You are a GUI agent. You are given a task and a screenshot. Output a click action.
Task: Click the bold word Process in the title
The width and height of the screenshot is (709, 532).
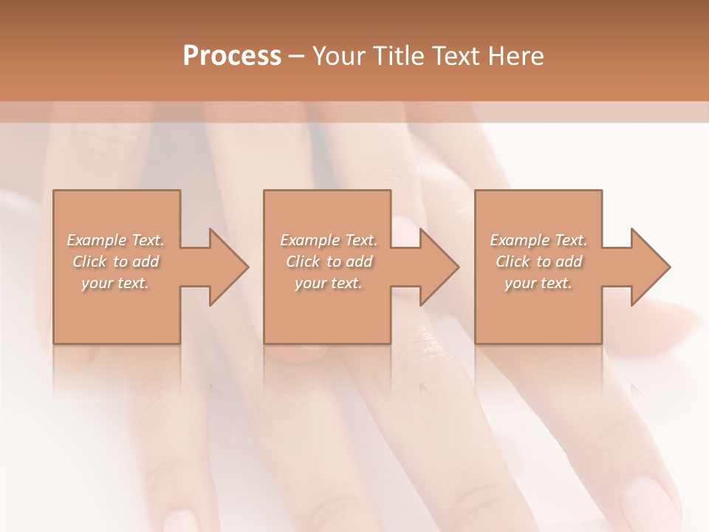click(x=232, y=56)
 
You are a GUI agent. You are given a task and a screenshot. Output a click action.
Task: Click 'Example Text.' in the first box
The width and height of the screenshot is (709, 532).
click(x=115, y=240)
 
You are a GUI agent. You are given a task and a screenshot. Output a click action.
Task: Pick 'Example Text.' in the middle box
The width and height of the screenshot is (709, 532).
click(x=329, y=240)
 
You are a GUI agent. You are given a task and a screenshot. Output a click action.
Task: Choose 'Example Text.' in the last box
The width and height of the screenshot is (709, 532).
click(x=538, y=240)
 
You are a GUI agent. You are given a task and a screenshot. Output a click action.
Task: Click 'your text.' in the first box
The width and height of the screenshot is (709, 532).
click(x=115, y=283)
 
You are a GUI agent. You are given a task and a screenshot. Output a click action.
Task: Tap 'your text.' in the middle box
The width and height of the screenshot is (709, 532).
click(x=329, y=283)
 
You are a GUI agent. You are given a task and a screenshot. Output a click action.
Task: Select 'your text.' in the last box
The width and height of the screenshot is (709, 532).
click(x=538, y=283)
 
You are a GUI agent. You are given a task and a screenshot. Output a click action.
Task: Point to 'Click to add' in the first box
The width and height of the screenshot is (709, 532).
click(x=115, y=262)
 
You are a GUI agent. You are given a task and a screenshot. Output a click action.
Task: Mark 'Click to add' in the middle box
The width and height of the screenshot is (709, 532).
click(x=329, y=262)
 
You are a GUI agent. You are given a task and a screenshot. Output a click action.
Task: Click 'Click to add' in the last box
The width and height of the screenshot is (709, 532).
click(x=538, y=262)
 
